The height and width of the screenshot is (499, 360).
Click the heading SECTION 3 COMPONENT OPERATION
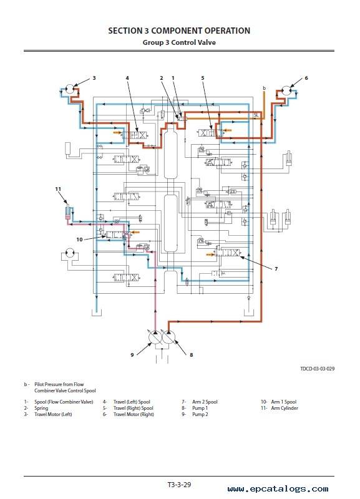point(179,31)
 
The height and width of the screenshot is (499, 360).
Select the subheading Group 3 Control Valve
point(179,42)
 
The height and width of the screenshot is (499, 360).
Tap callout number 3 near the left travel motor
point(94,77)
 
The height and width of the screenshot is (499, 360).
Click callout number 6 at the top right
point(306,77)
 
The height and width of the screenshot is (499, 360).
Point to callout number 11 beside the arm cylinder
point(58,189)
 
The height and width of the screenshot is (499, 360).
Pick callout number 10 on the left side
point(80,240)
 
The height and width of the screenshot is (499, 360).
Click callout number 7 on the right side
point(276,269)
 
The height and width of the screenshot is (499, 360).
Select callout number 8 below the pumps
point(192,354)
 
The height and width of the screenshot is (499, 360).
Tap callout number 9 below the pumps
point(132,354)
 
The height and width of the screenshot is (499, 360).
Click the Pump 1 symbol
point(168,337)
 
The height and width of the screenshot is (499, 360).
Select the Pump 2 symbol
point(155,337)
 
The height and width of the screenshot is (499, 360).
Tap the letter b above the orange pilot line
point(264,88)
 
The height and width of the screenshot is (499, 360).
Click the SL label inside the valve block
point(256,115)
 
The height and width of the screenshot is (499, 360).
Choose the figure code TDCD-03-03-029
point(318,369)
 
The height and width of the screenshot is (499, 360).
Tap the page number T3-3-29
point(179,485)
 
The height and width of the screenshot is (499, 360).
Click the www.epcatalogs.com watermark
point(278,489)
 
